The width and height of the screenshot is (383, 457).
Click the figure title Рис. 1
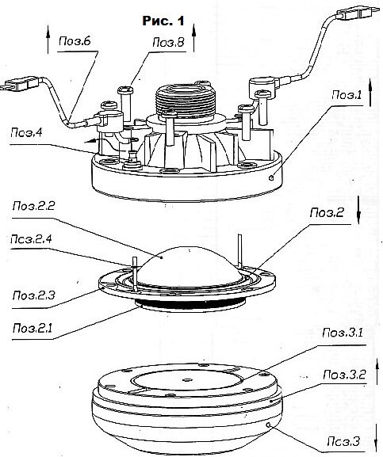coord(163,21)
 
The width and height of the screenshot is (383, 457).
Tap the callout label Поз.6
coord(75,41)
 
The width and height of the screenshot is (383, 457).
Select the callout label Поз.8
coord(168,43)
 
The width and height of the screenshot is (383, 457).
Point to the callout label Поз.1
coord(347,95)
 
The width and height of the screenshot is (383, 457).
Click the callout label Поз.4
coord(26,133)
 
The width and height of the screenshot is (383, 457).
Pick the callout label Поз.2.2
coord(33,206)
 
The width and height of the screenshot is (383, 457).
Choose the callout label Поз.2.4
coord(31,239)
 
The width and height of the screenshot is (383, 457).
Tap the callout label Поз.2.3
coord(33,295)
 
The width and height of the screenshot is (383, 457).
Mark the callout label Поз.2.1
coord(33,329)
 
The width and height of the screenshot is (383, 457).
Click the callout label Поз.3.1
coord(343,333)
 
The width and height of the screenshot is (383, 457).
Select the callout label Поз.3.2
coord(344,375)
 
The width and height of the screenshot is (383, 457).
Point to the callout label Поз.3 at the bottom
coord(343,441)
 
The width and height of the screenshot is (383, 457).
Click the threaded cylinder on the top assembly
coord(186,101)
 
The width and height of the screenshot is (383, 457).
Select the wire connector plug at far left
coord(20,83)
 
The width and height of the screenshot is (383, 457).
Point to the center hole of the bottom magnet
coord(186,379)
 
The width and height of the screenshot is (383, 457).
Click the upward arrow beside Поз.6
coord(48,40)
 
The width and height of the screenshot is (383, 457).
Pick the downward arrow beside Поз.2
coord(358,210)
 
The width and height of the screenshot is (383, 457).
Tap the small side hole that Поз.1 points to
coord(272,177)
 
